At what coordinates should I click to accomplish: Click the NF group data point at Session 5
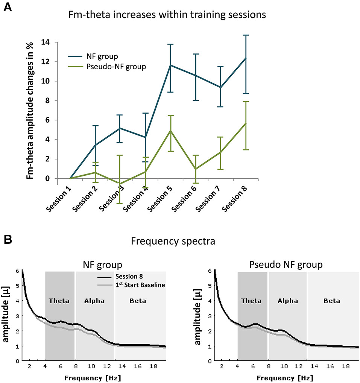[x=170, y=65]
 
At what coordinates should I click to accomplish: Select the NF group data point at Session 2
[x=95, y=145]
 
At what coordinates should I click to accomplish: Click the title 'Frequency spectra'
[x=173, y=241]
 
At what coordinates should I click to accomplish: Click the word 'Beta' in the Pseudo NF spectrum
[x=331, y=301]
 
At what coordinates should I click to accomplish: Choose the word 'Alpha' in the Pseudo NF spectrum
[x=288, y=301]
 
